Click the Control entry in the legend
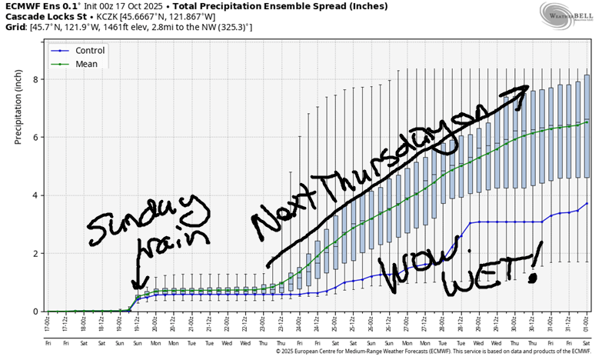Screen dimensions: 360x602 [89, 51]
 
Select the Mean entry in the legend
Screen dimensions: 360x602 [86, 64]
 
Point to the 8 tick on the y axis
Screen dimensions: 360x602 [36, 79]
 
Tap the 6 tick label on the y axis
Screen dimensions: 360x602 [36, 137]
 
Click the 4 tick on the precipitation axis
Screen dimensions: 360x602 [36, 195]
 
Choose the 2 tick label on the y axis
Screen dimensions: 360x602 [36, 253]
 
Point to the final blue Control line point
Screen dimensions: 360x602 [587, 203]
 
